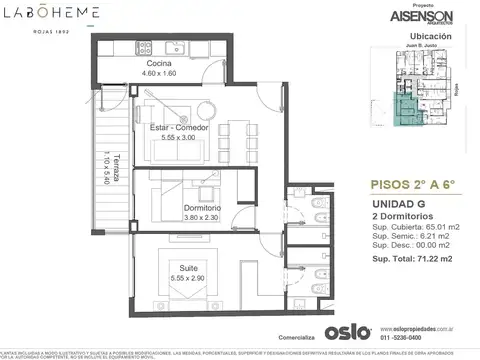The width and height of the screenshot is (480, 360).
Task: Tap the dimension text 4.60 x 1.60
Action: [x=164, y=74]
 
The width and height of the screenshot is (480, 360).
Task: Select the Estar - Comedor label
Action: [x=174, y=129]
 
